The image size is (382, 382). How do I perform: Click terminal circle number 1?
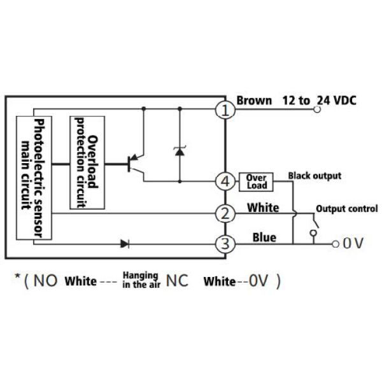(x=225, y=110)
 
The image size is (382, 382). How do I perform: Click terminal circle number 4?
(x=225, y=181)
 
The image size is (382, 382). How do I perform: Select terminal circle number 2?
(x=225, y=214)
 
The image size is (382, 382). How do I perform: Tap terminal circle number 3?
(x=225, y=244)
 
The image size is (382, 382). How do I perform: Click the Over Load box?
(x=256, y=181)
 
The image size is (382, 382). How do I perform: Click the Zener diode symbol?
(x=180, y=150)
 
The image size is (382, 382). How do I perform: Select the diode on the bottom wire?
(x=125, y=243)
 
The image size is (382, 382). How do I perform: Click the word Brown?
(x=254, y=100)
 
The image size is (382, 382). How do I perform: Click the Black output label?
(x=315, y=176)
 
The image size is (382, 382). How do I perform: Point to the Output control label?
(x=346, y=208)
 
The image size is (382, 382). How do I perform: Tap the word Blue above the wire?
(x=264, y=237)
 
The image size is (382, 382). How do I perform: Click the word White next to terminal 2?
(x=263, y=207)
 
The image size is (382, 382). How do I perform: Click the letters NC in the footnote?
(x=177, y=281)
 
